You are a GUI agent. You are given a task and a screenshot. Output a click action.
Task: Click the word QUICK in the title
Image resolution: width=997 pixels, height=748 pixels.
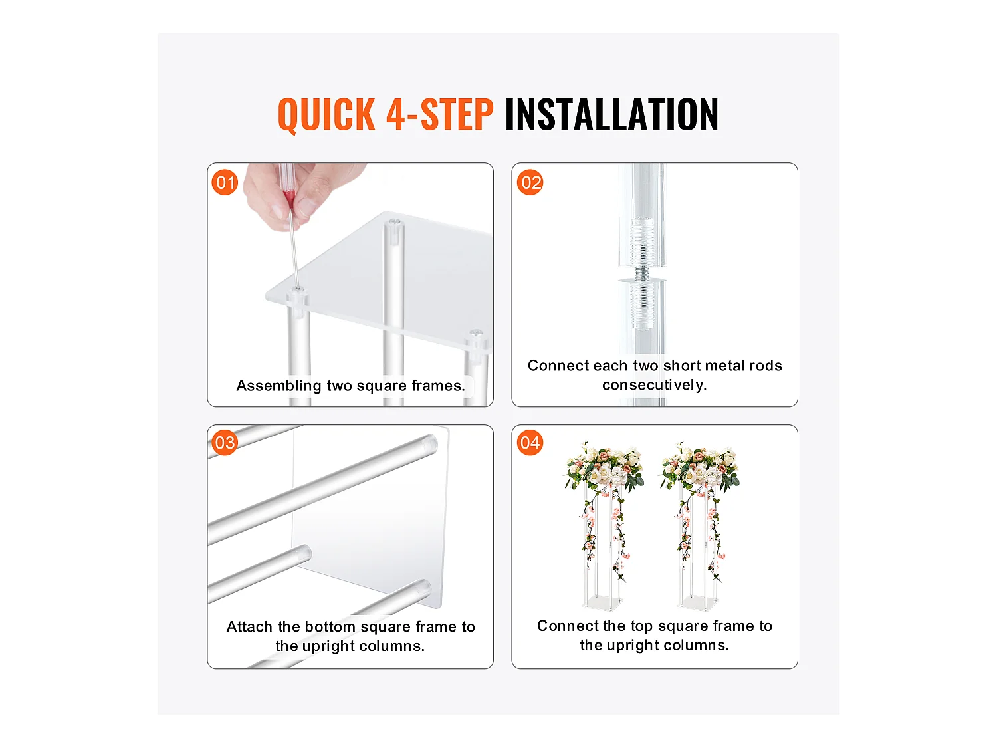(x=326, y=114)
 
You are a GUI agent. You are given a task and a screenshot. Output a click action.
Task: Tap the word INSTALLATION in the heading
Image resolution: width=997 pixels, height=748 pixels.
(x=611, y=114)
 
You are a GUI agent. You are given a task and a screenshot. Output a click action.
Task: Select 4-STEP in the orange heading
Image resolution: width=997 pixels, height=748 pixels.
(x=440, y=114)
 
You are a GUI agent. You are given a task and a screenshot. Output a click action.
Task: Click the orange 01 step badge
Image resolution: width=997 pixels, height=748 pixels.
(x=225, y=183)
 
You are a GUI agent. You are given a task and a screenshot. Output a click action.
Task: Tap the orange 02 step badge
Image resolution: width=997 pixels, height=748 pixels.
(x=530, y=183)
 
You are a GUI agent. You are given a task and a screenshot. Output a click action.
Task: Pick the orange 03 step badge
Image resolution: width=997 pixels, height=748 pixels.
(x=225, y=442)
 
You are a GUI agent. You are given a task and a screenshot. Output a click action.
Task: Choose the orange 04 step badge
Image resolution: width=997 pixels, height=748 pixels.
(x=530, y=442)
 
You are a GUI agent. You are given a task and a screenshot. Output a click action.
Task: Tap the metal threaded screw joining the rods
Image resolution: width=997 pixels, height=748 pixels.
(x=642, y=274)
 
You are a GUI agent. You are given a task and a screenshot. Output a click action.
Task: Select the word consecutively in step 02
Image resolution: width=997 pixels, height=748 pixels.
(x=655, y=385)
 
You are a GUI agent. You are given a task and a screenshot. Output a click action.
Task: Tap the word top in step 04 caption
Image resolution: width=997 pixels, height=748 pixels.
(x=641, y=626)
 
